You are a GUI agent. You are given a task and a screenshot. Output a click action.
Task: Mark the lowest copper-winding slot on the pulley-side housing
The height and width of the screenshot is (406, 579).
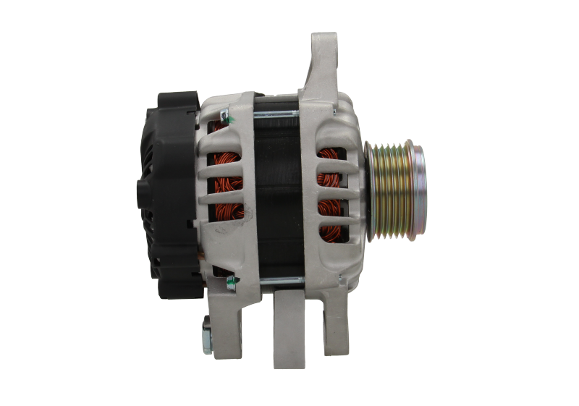pos(334,232)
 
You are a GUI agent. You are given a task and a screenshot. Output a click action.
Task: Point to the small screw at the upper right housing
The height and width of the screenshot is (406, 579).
pos(335,113)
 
